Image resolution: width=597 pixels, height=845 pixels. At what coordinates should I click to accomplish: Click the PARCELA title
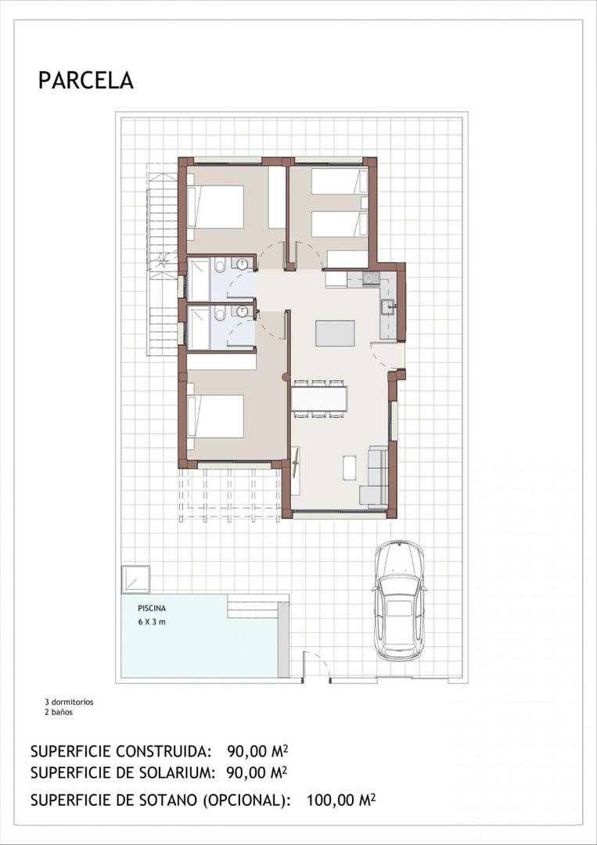coord(85,80)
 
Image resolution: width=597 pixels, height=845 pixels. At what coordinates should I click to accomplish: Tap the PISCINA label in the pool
coord(152,607)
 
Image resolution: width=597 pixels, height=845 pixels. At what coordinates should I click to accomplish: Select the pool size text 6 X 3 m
coord(152,622)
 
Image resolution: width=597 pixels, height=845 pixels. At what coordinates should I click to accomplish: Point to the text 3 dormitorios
coord(69,702)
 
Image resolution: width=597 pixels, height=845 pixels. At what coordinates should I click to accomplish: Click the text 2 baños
coord(59,712)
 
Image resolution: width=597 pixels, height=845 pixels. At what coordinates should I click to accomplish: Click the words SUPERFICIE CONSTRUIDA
coord(121,752)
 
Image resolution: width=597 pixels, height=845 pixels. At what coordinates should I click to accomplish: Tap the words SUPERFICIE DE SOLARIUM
coord(123,773)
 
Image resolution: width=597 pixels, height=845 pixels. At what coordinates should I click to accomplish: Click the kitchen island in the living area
coord(335,333)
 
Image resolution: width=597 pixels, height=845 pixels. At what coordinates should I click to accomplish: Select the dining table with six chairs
coord(319,399)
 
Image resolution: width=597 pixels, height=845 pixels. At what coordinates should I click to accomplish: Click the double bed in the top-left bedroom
coord(216,207)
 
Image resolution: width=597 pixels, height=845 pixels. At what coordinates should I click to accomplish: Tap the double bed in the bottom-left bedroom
coord(216,416)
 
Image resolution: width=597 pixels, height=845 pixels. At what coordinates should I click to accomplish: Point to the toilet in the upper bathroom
coord(221,268)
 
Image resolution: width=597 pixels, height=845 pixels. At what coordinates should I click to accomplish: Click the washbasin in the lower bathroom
coord(243,311)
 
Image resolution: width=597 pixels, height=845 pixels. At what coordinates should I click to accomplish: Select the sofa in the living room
coord(375,476)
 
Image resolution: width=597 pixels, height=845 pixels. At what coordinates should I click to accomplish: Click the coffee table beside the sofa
coord(349,467)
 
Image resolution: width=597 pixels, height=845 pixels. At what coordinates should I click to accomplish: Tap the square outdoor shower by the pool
coord(135,579)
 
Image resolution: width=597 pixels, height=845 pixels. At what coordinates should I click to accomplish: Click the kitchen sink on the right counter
coord(387,306)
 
